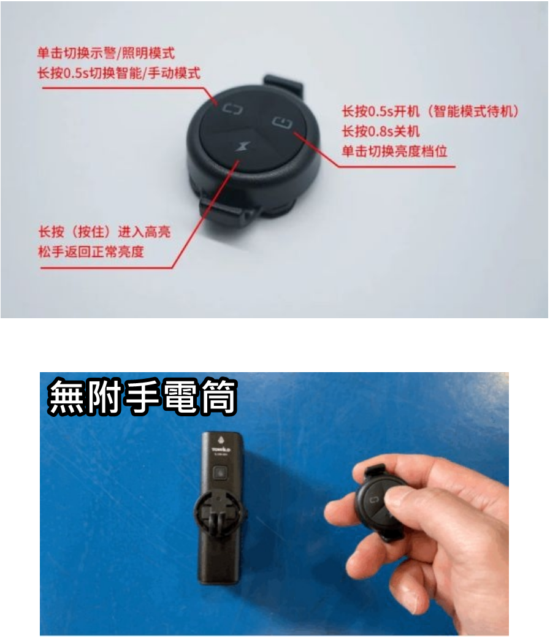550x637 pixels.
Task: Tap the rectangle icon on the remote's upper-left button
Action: tap(233, 110)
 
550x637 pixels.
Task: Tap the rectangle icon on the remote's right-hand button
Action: tap(282, 122)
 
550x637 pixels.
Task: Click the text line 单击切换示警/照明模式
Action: tap(106, 53)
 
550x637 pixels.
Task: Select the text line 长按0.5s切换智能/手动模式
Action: tap(118, 73)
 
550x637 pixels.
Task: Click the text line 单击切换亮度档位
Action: tap(394, 150)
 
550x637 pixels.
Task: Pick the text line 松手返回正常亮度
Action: tap(91, 251)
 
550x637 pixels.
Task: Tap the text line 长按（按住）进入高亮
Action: tap(104, 232)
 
